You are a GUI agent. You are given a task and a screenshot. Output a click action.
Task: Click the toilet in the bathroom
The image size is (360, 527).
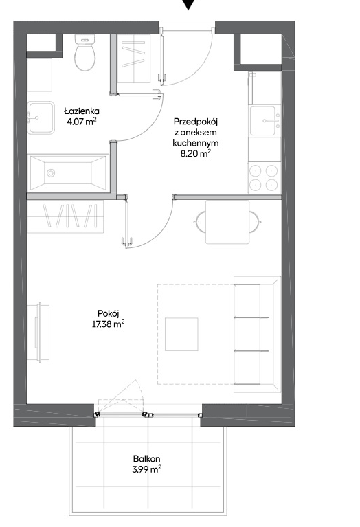point(85,52)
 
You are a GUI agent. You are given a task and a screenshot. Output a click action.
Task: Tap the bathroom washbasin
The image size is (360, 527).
point(41,117)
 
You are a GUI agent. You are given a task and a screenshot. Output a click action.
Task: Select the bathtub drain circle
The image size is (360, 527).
point(51,173)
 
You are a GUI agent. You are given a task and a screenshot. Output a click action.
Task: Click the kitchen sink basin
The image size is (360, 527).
point(263,120)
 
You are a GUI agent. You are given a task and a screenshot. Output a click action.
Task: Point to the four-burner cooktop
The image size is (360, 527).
point(264,177)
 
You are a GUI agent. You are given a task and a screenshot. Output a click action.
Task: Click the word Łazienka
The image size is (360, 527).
point(82,111)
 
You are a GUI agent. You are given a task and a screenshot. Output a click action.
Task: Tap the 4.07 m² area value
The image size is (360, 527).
point(82,122)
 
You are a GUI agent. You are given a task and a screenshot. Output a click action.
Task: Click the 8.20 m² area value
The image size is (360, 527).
point(196,154)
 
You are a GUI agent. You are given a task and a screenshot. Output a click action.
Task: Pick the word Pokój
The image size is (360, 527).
point(109,313)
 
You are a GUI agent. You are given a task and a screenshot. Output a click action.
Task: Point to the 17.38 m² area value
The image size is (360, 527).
point(109,324)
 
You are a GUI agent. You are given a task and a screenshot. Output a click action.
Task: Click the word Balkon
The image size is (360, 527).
point(146,458)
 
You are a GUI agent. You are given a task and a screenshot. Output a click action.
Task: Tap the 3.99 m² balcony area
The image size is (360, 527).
point(146,469)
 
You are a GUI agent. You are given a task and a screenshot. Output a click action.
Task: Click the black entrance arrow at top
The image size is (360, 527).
point(188,4)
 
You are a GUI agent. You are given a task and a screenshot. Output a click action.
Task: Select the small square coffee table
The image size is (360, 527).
point(181,334)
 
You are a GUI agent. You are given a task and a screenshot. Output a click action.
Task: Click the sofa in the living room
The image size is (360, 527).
point(257,334)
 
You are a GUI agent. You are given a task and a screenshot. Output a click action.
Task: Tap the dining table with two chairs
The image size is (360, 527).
point(227,222)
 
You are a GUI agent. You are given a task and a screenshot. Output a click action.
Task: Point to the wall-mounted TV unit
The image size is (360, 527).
point(38,333)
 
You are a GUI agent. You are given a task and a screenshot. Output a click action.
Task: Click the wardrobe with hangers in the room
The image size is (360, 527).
point(65,216)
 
